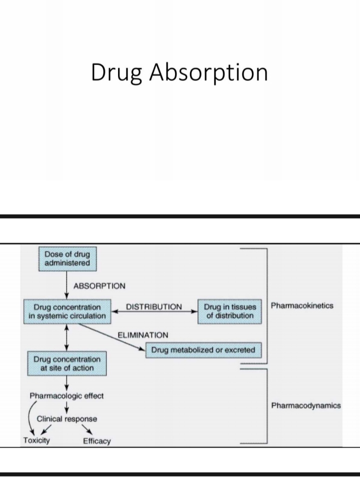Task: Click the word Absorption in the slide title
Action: [208, 73]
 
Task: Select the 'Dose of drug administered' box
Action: [67, 259]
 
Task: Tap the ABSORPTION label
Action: [99, 286]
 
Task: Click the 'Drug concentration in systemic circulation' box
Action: [67, 311]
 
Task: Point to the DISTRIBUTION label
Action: [154, 306]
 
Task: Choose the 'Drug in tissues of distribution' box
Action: [229, 311]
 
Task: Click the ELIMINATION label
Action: [142, 335]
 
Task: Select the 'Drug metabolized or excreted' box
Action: [203, 350]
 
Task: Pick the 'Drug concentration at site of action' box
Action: [67, 363]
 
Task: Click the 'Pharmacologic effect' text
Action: [66, 396]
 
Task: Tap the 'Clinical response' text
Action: [66, 418]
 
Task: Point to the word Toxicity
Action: [36, 440]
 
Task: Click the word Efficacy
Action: [97, 441]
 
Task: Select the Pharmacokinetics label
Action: [302, 305]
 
